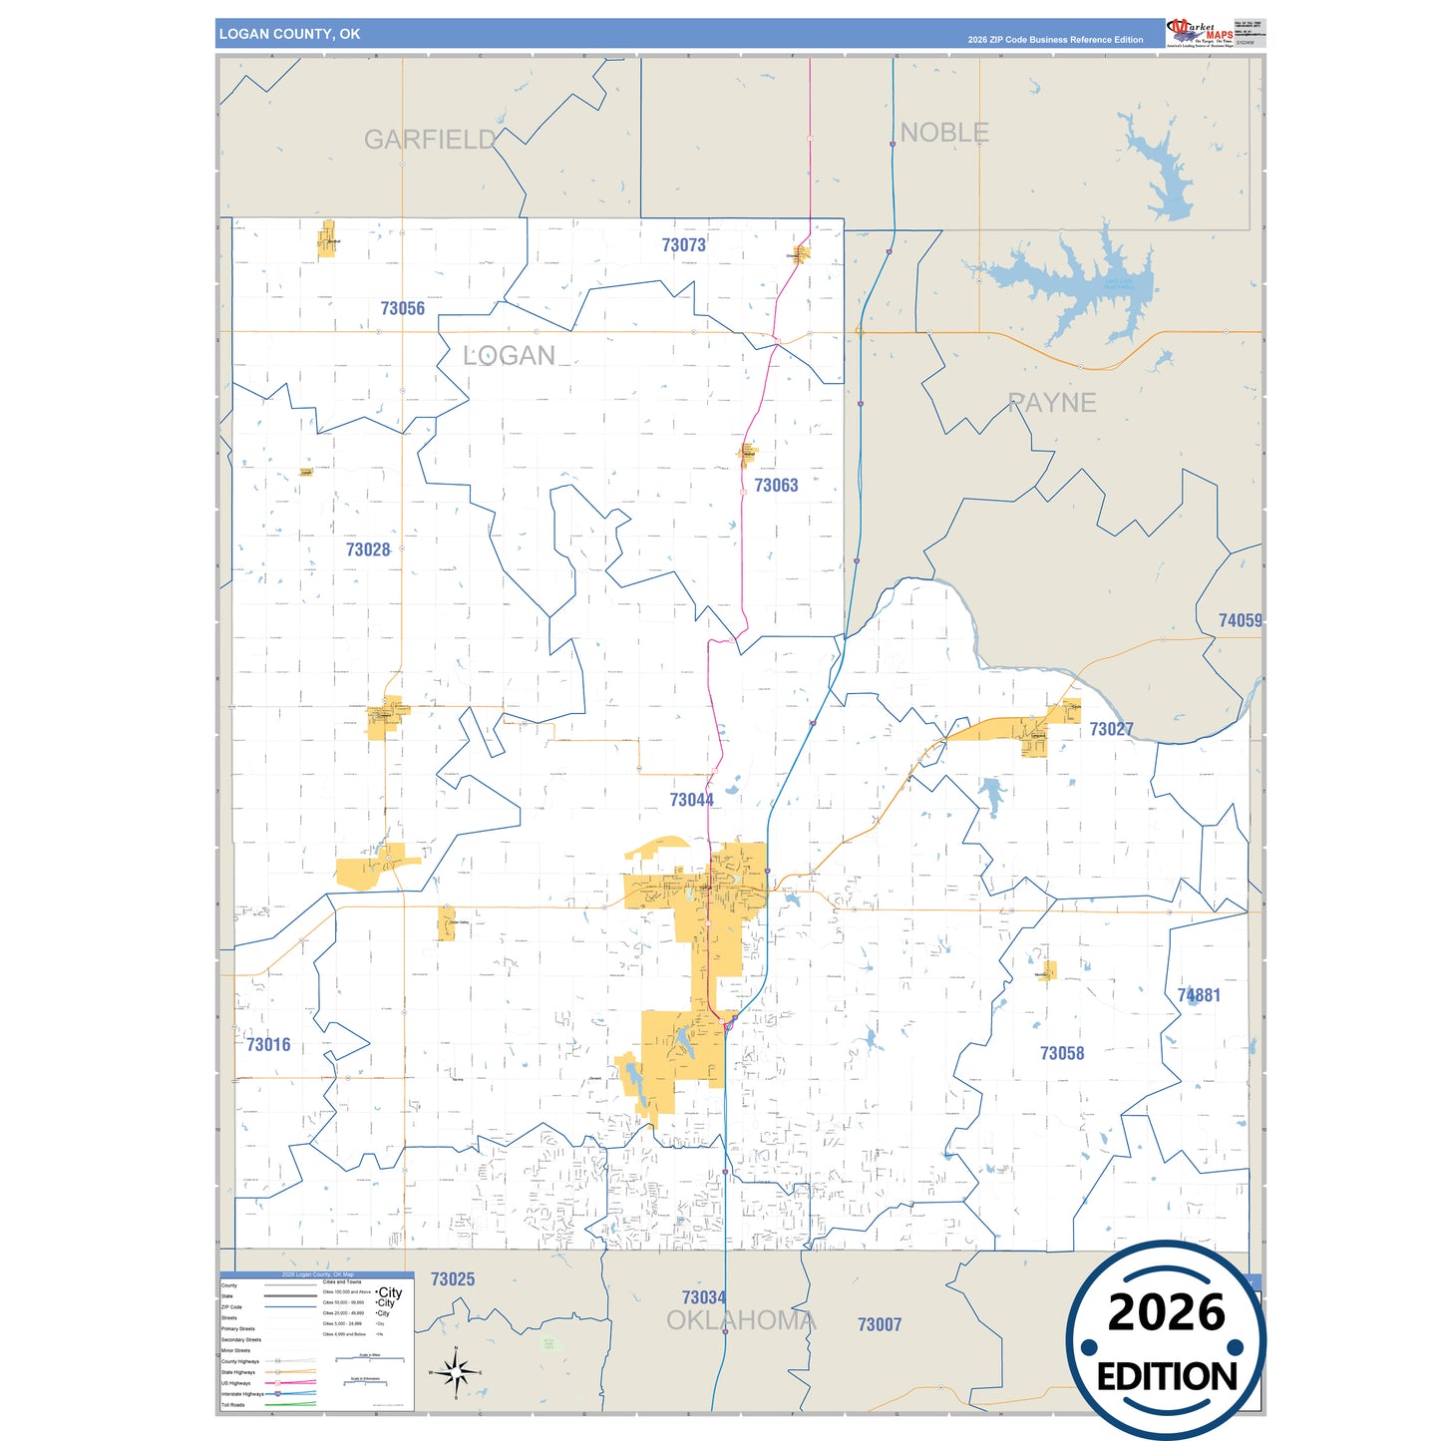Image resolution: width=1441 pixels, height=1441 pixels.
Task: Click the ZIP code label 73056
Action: click(402, 309)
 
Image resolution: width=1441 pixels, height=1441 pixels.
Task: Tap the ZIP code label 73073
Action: click(683, 245)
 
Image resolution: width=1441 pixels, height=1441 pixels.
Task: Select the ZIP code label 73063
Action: click(776, 486)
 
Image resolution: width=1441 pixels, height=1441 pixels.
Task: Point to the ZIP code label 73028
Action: click(368, 550)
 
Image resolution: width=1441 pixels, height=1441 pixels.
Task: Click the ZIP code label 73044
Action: click(691, 801)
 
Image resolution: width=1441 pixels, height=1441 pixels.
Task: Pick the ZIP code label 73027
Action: click(1111, 730)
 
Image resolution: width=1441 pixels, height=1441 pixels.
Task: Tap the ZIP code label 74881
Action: click(1198, 996)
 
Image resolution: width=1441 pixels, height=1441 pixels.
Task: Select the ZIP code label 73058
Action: click(1061, 1054)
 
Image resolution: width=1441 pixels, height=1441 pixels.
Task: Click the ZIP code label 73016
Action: click(268, 1045)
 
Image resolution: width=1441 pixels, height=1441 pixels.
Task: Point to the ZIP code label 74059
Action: click(1240, 621)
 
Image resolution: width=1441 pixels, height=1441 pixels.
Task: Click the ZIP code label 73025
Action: click(452, 1279)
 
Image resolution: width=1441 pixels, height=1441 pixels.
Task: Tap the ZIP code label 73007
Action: click(879, 1325)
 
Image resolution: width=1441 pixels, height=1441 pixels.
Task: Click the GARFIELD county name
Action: click(429, 140)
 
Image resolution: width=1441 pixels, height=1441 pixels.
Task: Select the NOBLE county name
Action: click(943, 133)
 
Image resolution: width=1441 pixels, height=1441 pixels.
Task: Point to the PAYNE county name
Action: click(1051, 403)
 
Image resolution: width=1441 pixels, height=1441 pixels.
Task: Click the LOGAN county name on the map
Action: click(509, 356)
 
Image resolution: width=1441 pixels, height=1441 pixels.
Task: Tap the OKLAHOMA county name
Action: click(740, 1321)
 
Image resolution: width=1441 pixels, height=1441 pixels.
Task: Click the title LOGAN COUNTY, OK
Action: click(289, 34)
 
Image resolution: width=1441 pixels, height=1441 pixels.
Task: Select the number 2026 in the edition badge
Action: click(1166, 1312)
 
